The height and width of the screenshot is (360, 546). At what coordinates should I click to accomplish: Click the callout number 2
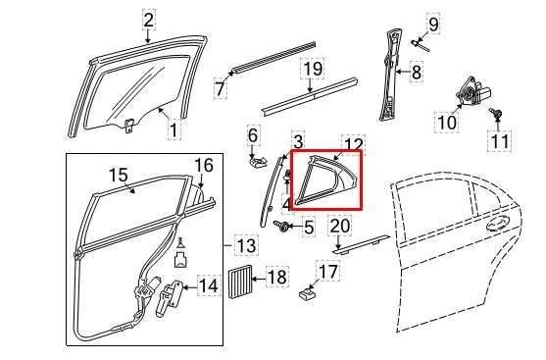[148, 19]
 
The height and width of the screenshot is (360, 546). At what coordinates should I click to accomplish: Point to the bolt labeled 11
[501, 120]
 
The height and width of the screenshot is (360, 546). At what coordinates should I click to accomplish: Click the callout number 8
[416, 72]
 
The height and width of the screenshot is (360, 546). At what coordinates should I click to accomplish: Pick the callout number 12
[353, 145]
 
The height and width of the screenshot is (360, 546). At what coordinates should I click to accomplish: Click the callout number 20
[338, 227]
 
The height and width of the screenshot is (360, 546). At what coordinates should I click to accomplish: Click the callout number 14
[208, 286]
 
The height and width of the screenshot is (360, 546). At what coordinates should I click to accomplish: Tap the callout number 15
[118, 176]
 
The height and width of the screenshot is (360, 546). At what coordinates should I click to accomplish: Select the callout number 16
[203, 165]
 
